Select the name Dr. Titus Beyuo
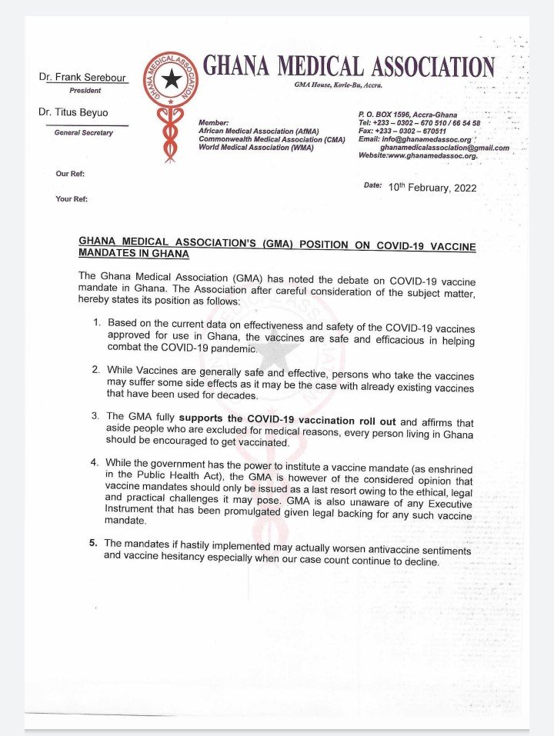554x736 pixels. click(78, 112)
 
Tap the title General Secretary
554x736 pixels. click(83, 133)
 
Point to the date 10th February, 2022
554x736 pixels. click(432, 188)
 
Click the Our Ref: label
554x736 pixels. click(70, 174)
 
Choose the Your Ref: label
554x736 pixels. click(72, 199)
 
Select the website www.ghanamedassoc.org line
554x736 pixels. click(418, 155)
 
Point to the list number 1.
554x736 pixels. click(96, 321)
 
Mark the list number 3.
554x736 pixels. click(96, 416)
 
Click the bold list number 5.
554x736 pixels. click(93, 543)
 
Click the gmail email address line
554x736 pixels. click(444, 147)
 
